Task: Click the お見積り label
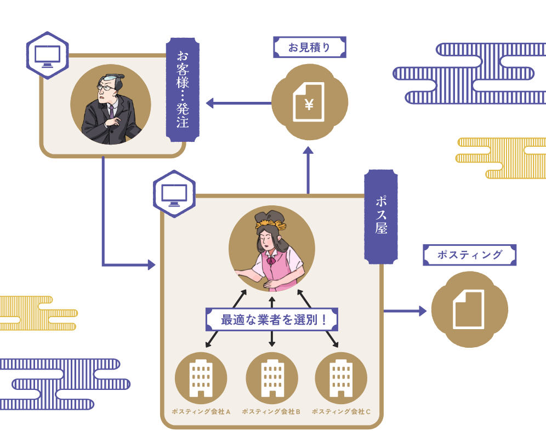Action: [x=310, y=47]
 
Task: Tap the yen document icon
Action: [x=309, y=102]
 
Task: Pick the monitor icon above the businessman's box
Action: [x=48, y=55]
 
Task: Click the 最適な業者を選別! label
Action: [x=271, y=319]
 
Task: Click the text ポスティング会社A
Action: [x=201, y=411]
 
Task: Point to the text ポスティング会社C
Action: [x=341, y=411]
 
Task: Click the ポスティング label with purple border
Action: [x=469, y=255]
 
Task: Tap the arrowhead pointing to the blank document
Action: [x=423, y=311]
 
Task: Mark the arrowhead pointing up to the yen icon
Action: [x=308, y=150]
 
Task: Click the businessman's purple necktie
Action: [x=111, y=110]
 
